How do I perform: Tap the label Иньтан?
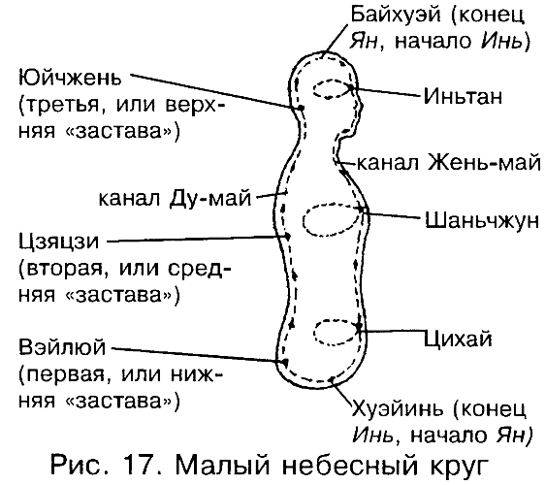click(463, 96)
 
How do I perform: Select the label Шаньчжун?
click(482, 221)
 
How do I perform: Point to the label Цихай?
click(458, 338)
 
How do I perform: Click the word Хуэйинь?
click(399, 409)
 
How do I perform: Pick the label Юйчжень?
click(70, 79)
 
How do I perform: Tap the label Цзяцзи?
click(59, 242)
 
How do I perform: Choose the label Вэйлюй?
click(62, 346)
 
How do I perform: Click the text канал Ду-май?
click(175, 199)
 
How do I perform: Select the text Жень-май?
click(484, 162)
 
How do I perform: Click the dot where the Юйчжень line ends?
click(301, 108)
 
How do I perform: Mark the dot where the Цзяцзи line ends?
click(287, 237)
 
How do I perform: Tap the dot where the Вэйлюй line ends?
click(285, 363)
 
